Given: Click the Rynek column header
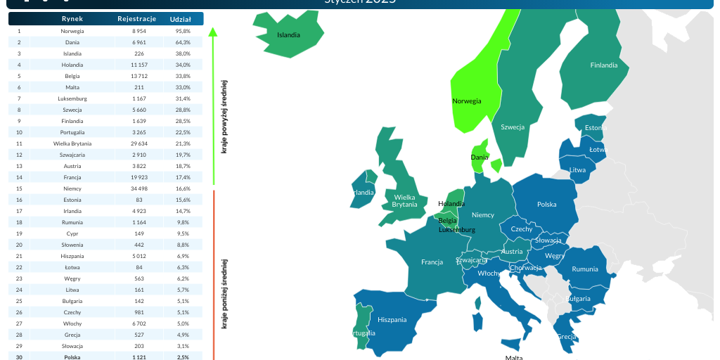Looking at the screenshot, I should point(72,19).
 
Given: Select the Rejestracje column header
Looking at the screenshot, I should point(136,19).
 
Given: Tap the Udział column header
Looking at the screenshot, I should point(181,19).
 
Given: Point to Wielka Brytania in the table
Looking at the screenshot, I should point(72,143).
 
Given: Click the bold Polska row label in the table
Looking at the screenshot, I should point(72,357).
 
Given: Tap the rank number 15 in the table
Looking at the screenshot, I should point(19,188).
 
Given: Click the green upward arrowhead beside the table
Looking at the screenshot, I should point(213,32).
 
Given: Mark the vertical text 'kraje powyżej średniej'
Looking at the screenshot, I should point(224,116).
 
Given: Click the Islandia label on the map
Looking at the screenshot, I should point(288,34).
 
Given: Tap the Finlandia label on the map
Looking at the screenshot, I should point(604,65).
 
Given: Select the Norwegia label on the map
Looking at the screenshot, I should point(467,101).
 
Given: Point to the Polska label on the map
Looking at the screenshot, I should point(546,205).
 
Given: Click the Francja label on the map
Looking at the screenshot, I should point(432,262).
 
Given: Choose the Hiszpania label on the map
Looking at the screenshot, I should point(392,319).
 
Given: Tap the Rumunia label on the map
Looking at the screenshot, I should point(585,269).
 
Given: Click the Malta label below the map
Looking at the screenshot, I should point(514,357).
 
